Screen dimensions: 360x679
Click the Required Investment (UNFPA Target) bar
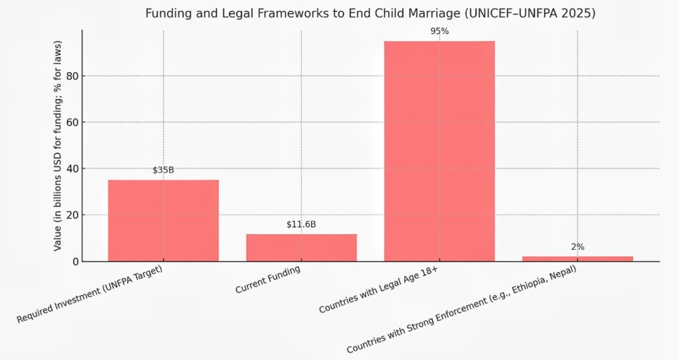click(x=163, y=220)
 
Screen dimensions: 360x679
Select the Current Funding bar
click(x=301, y=247)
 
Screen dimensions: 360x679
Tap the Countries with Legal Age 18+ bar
click(x=439, y=151)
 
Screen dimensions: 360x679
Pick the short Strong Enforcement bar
click(x=578, y=259)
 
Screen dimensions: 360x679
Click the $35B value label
click(x=163, y=170)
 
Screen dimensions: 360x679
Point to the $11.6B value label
click(x=301, y=225)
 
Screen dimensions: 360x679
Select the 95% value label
click(x=439, y=31)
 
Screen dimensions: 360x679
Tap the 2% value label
click(x=578, y=247)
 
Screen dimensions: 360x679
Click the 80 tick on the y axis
click(x=72, y=76)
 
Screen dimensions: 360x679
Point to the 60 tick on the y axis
click(x=72, y=123)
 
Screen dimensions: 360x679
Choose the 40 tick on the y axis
click(x=72, y=168)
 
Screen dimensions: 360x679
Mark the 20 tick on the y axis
click(x=72, y=215)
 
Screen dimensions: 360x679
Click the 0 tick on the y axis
click(x=74, y=261)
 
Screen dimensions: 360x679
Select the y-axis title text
click(x=58, y=146)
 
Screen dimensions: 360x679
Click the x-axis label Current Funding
click(x=268, y=280)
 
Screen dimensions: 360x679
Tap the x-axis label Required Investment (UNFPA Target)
click(x=90, y=295)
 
